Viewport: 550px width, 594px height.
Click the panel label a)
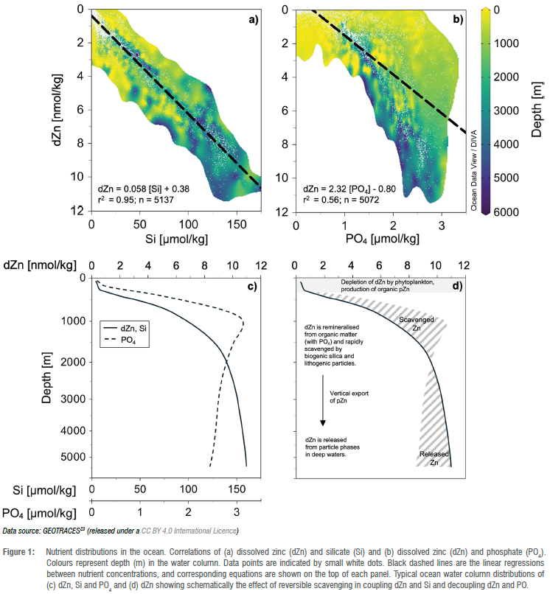(x=254, y=20)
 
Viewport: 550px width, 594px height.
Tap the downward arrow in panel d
(x=322, y=402)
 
